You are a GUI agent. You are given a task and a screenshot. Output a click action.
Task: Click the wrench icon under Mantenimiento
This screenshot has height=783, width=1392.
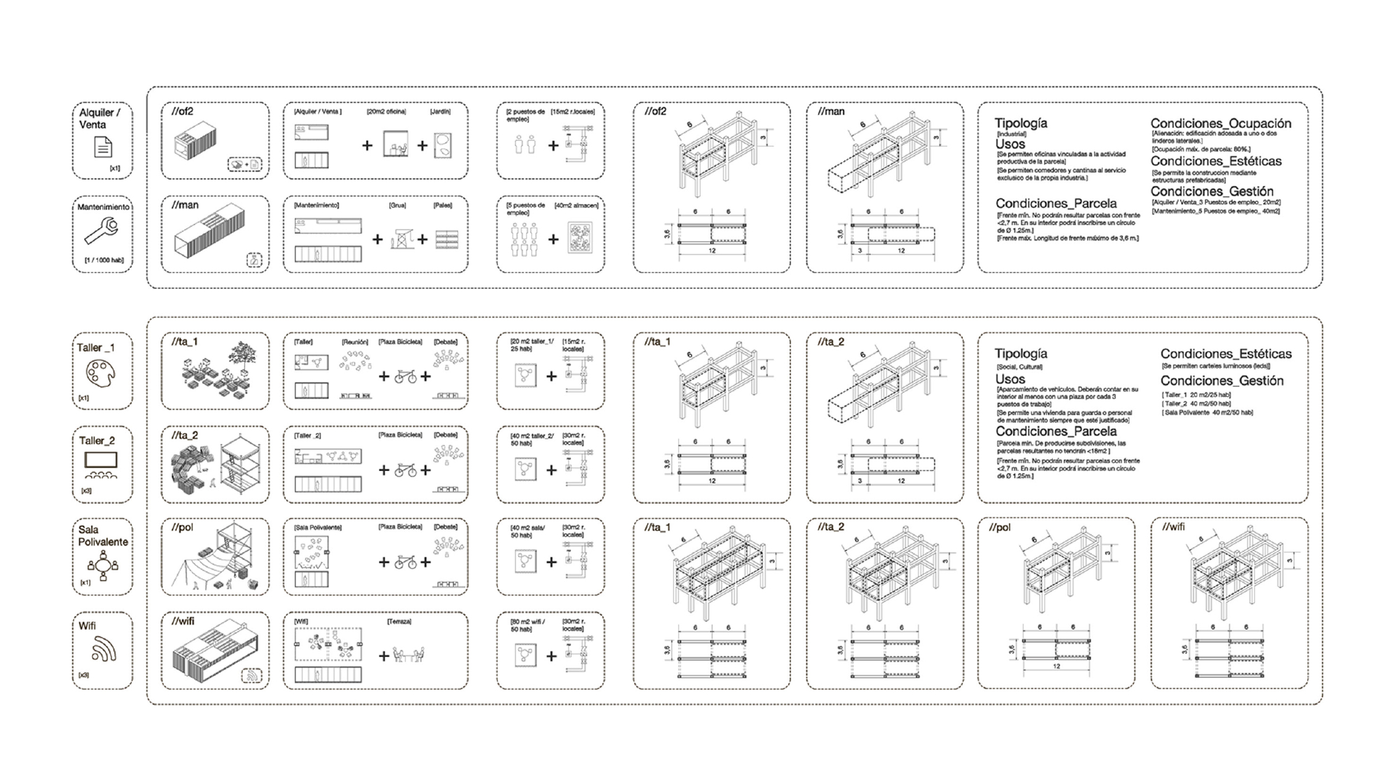101,231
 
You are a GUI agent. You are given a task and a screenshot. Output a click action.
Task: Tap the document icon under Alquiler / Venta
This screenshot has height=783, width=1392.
103,147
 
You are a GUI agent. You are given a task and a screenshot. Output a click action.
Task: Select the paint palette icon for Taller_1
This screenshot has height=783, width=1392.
100,373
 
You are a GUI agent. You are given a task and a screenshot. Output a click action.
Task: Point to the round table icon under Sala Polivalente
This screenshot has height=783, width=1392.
103,566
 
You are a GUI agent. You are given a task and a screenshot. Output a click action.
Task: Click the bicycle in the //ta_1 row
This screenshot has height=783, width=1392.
405,376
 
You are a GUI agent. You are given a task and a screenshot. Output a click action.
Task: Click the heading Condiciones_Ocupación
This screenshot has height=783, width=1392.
1221,124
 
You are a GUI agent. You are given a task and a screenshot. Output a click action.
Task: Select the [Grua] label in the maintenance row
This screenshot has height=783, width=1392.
397,205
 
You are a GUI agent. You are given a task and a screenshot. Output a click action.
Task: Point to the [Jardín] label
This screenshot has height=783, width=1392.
440,112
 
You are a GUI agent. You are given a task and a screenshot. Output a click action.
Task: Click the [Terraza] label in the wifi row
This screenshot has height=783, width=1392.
399,621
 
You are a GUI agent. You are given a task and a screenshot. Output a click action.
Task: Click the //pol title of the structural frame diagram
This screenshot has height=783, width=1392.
999,527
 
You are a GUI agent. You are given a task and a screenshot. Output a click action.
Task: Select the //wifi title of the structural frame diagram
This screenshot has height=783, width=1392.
1173,527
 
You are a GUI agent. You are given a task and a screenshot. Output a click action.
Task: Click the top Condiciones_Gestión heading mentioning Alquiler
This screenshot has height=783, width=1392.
1212,192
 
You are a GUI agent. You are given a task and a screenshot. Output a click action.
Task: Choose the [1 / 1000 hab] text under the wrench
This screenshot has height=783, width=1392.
104,260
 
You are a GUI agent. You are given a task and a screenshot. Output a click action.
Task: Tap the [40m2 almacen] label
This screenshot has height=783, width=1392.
576,205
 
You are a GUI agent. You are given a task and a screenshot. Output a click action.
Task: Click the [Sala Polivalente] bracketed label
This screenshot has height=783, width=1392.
317,527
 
